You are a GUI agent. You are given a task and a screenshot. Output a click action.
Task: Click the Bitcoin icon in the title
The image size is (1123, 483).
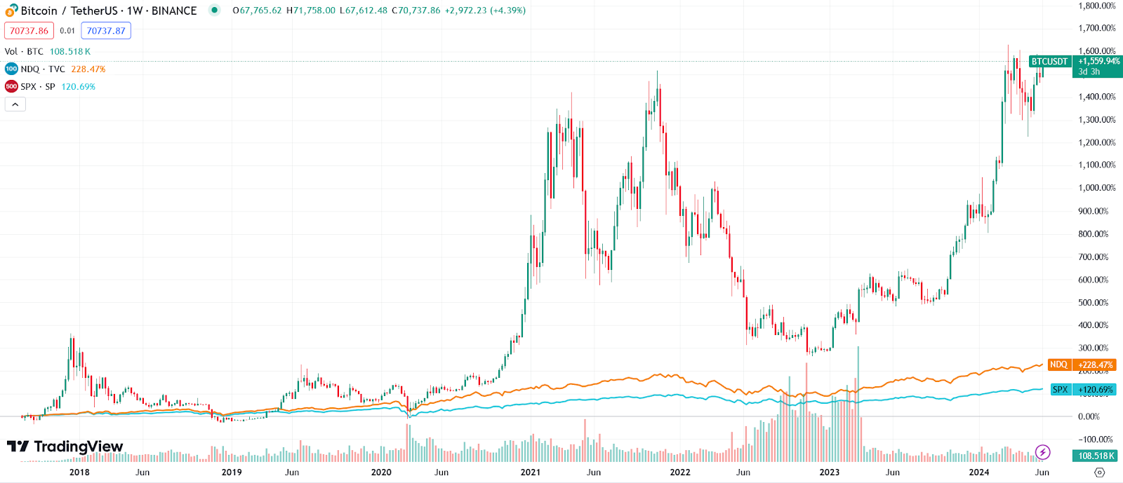(11, 11)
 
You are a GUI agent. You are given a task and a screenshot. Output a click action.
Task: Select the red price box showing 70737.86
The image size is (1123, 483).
(29, 31)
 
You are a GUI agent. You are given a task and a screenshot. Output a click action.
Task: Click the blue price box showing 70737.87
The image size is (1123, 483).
(106, 31)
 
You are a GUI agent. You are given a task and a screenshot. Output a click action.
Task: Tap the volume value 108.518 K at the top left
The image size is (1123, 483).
(69, 52)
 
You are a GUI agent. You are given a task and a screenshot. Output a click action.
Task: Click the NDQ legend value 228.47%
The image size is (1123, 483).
(88, 69)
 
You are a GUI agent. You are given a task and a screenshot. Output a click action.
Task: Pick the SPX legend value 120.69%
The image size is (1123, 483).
(78, 87)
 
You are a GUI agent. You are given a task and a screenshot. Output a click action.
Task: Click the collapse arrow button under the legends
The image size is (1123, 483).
(15, 104)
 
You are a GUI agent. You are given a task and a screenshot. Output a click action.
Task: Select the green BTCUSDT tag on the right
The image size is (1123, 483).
(1049, 62)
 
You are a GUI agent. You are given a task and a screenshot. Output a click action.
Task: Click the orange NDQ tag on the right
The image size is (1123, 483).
(1058, 365)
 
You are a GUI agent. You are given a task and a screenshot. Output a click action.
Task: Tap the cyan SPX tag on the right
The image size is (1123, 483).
(1060, 390)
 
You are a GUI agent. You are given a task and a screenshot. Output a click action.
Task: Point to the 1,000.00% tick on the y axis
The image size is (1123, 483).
(1097, 188)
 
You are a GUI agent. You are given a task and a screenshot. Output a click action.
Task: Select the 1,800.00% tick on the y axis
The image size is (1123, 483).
(1097, 6)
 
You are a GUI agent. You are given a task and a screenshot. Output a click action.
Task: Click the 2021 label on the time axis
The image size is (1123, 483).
(531, 472)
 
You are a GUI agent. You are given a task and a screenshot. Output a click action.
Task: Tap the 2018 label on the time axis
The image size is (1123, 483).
(79, 472)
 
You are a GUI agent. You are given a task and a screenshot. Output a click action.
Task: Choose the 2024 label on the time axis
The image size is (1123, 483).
(979, 472)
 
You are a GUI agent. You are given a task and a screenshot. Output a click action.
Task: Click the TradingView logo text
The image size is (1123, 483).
(78, 447)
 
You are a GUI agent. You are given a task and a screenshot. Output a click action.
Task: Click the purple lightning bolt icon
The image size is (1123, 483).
(1043, 452)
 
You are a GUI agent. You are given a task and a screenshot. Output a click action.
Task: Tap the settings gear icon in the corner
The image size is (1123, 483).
(1100, 472)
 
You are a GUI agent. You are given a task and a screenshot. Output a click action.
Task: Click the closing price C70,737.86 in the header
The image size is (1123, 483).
(416, 11)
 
